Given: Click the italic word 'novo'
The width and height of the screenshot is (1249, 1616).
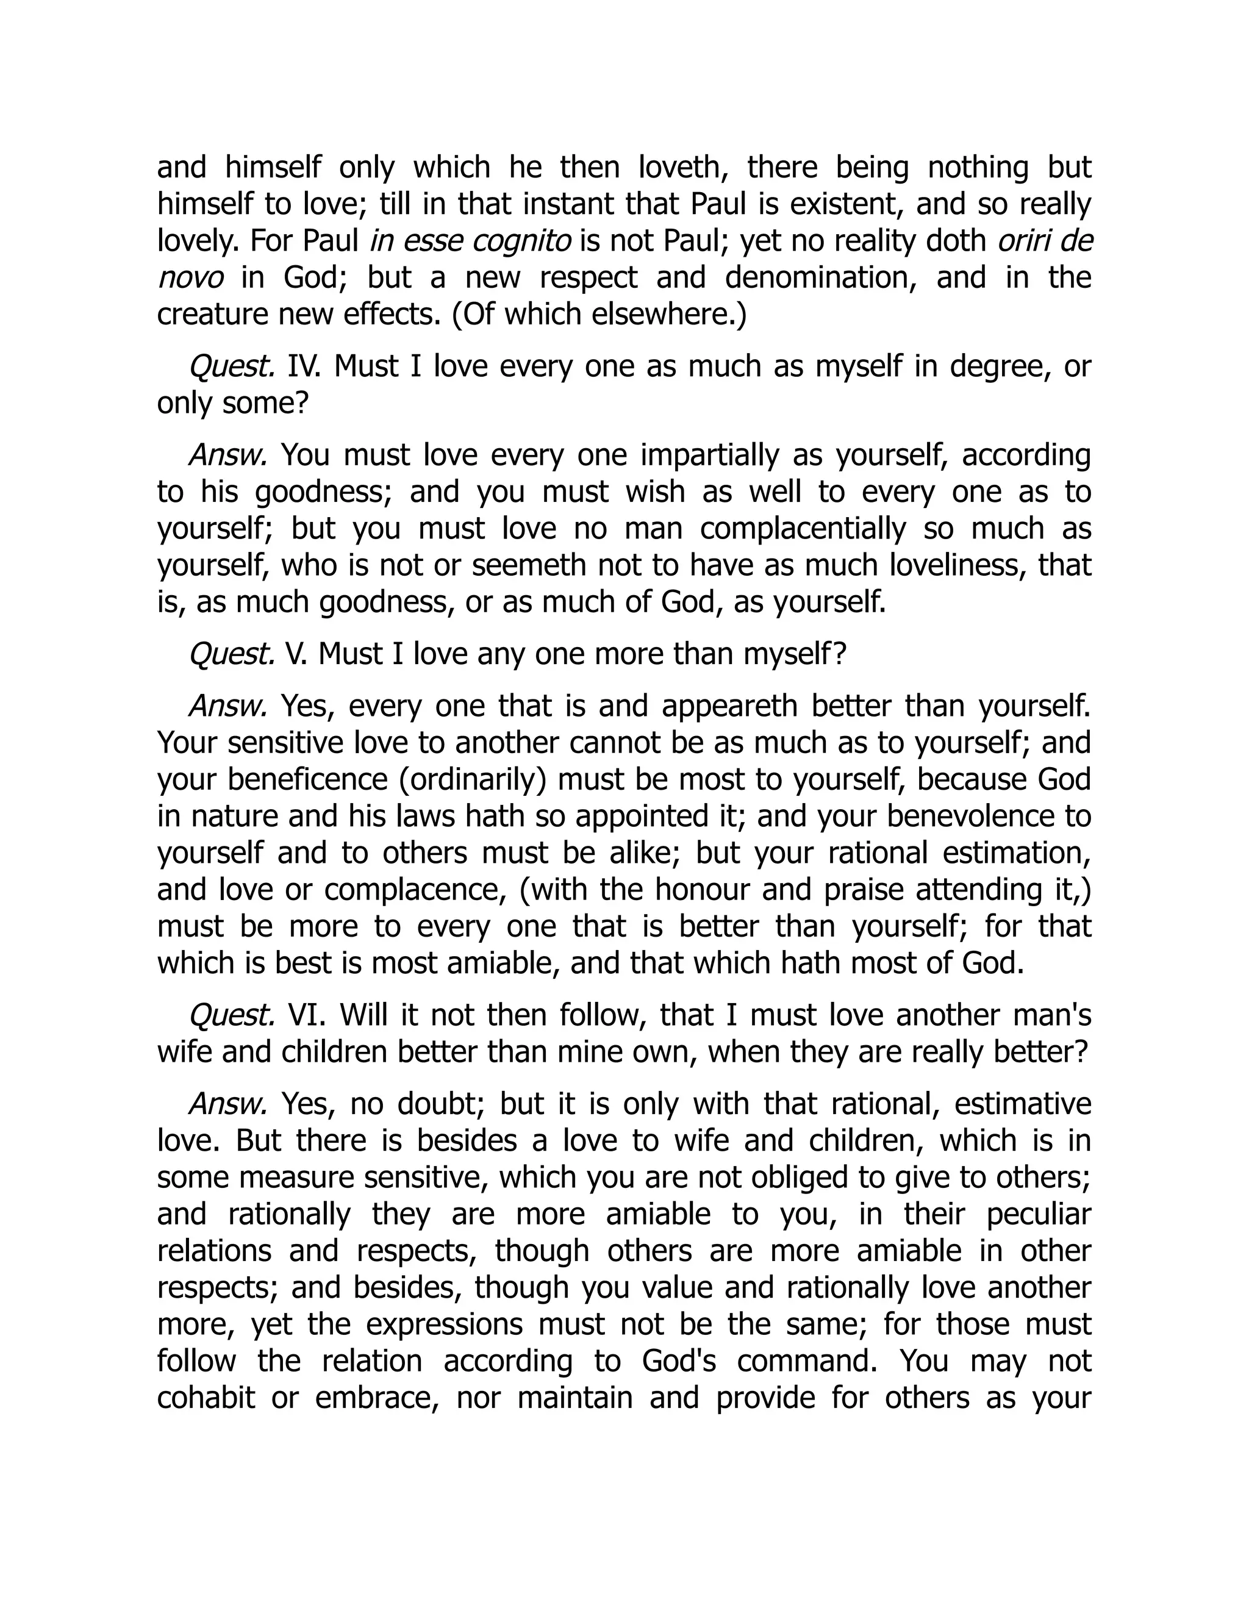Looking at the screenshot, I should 190,278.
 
